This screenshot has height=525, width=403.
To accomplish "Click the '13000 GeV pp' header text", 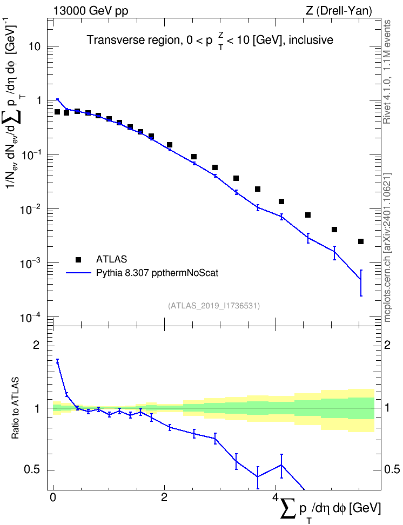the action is [x=90, y=11].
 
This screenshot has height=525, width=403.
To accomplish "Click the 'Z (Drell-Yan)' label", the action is [x=339, y=11].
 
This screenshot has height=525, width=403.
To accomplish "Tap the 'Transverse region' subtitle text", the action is [x=134, y=40].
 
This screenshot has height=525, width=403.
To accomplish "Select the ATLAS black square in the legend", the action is [x=78, y=259].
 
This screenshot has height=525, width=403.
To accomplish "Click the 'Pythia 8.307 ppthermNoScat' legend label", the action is [x=157, y=273].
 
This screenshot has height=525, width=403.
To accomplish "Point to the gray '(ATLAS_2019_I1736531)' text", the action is [x=214, y=305].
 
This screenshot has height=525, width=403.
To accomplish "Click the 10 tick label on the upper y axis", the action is [x=35, y=46].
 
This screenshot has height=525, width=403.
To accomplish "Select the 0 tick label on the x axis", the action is [x=53, y=497].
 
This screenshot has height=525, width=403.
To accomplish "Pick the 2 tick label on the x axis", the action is [x=164, y=497].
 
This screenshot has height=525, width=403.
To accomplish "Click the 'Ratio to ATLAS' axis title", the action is [x=15, y=408].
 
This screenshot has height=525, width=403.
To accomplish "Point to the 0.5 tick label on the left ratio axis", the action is [x=32, y=470].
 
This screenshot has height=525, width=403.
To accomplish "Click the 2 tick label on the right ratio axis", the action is [x=387, y=345].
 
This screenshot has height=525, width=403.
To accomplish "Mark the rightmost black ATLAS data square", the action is [x=361, y=241].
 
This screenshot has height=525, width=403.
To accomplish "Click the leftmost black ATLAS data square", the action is [x=57, y=112].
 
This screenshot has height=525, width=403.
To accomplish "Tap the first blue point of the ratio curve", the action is [x=58, y=362].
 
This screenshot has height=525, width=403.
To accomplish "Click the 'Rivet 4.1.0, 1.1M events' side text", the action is [x=387, y=72].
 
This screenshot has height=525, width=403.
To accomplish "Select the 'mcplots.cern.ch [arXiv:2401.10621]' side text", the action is [x=387, y=247].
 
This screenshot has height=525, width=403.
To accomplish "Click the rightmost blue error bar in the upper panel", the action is [x=361, y=282].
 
